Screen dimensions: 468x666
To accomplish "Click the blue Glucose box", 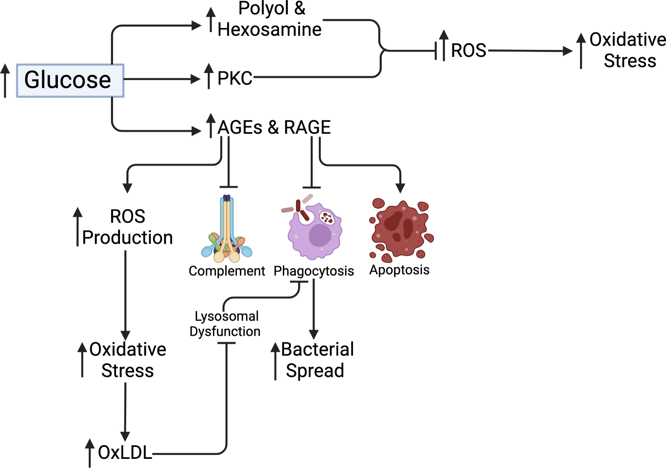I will pos(70,80).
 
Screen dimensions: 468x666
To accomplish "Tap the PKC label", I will pos(235,78).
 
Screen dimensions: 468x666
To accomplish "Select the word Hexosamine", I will pos(269,29).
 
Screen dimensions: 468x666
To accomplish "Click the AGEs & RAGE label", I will pos(274,127).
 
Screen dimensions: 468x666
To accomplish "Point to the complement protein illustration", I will pos(227,230).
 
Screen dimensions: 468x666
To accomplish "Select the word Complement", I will pos(227,271).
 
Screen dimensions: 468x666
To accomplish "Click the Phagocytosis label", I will pos(314,271).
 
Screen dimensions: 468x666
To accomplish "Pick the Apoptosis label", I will pos(399,270).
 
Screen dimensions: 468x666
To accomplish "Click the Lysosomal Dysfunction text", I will pos(225,323).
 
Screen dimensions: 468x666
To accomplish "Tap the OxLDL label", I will pos(125,453).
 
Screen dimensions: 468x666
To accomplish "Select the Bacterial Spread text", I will pos(317,360).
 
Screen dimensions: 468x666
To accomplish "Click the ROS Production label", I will pos(127,227).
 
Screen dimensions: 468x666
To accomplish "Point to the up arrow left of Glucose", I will pos(5,80).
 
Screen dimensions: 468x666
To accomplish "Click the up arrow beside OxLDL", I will pos(90,452).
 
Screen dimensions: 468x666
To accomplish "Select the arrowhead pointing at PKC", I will pos(195,79).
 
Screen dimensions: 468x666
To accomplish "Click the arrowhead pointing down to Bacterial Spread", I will pos(314,334).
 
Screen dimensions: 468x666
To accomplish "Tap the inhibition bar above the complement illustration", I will pos(228,187).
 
